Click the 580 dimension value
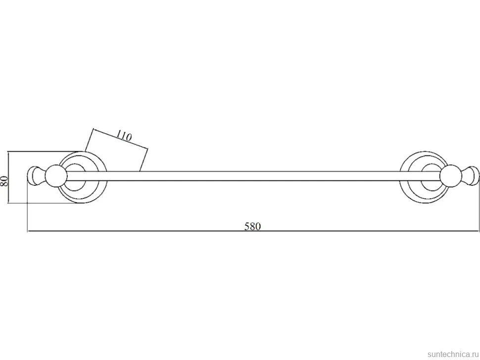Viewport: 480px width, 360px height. coord(252,226)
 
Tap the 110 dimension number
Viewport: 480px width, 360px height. coord(124,136)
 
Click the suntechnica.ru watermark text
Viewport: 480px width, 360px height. coord(453,354)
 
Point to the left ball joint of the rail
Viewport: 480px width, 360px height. coord(56,176)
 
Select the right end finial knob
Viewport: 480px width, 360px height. coord(470,176)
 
